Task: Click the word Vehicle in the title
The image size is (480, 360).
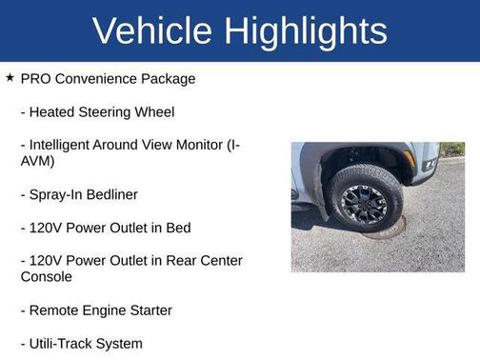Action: pos(153,30)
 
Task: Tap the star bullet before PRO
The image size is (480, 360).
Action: pos(10,77)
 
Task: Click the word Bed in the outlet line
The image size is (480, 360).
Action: pos(177,228)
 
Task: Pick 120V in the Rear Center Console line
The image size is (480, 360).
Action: pos(49,261)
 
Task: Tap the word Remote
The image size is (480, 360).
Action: pos(55,310)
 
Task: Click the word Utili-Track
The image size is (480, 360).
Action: pos(66,343)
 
